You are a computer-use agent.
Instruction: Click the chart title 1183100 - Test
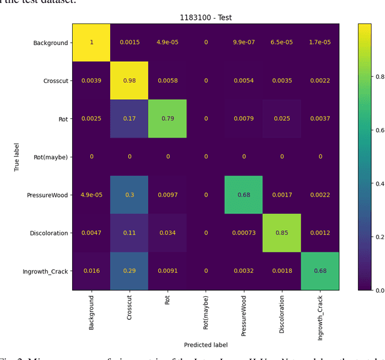click(x=206, y=17)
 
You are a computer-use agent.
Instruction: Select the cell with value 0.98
click(x=129, y=81)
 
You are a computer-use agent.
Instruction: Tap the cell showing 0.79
click(x=168, y=119)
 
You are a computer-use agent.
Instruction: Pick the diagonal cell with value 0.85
click(x=282, y=233)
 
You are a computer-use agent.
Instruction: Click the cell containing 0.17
click(x=129, y=119)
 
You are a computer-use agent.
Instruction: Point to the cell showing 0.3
click(x=129, y=195)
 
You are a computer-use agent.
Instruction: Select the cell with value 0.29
click(x=129, y=271)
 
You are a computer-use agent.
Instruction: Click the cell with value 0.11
click(x=129, y=233)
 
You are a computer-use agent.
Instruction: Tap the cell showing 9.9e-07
click(x=244, y=43)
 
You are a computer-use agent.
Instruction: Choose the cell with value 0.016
click(x=91, y=271)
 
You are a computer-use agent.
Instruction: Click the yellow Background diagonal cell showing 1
click(x=91, y=43)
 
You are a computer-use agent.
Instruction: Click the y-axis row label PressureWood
click(x=47, y=195)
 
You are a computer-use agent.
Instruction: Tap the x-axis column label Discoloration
click(x=282, y=314)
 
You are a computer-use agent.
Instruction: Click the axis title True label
click(x=17, y=157)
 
